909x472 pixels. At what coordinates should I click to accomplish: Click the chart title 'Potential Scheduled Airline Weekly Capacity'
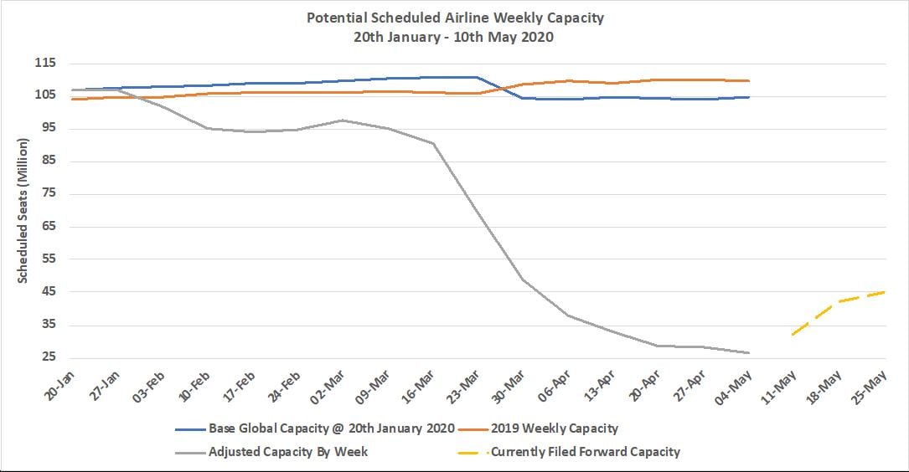coord(454,18)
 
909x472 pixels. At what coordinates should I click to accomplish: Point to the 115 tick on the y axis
coord(45,64)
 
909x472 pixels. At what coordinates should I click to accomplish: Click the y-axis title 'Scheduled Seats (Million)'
coord(23,212)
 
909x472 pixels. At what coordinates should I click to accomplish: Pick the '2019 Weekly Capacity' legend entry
coord(554,428)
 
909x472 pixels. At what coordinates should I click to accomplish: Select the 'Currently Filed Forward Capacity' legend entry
coord(585,452)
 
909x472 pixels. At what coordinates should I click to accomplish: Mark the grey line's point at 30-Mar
coord(523,279)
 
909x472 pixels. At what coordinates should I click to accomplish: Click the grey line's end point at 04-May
coord(748,352)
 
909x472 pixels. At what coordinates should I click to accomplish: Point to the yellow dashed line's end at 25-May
coord(884,292)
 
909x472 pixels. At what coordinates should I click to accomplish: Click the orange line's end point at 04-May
coord(748,81)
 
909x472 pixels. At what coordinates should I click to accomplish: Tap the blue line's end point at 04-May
coord(748,97)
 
